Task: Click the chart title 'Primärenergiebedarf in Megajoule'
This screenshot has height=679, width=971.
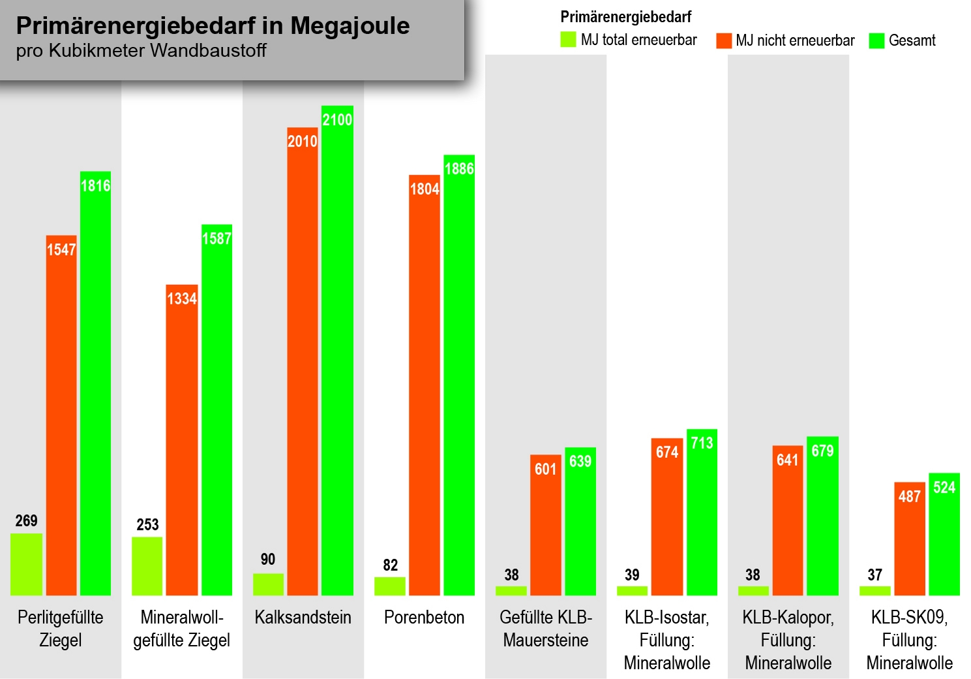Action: pyautogui.click(x=213, y=25)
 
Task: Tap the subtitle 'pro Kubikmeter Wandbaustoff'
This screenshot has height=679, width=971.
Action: pyautogui.click(x=141, y=51)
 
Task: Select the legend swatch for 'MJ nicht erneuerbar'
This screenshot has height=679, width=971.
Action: pyautogui.click(x=723, y=40)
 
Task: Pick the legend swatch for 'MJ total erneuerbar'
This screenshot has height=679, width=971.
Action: pyautogui.click(x=568, y=40)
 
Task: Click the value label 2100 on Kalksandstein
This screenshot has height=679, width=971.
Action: pyautogui.click(x=337, y=119)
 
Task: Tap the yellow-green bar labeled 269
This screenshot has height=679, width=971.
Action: pyautogui.click(x=26, y=564)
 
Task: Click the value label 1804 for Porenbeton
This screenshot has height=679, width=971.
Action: pyautogui.click(x=425, y=189)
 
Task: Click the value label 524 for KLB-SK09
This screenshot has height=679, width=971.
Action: pyautogui.click(x=944, y=487)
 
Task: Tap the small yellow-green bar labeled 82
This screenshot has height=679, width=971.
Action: pyautogui.click(x=389, y=586)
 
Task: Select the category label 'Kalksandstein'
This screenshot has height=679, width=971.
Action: pyautogui.click(x=303, y=617)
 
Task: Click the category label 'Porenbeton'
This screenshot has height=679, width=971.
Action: pyautogui.click(x=424, y=617)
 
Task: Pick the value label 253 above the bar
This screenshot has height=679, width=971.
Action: pyautogui.click(x=147, y=524)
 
